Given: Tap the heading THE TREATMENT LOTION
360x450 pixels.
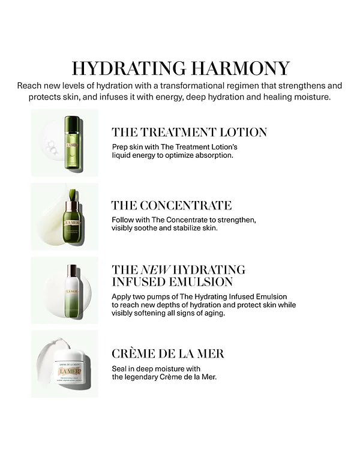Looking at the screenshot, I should tap(189, 133).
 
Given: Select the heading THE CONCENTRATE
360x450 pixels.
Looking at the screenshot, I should tap(172, 206).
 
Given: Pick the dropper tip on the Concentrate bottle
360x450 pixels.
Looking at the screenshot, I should tap(73, 196).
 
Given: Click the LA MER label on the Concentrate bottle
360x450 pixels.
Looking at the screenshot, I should tap(72, 223).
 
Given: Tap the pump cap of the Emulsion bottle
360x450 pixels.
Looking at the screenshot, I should tap(72, 271).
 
